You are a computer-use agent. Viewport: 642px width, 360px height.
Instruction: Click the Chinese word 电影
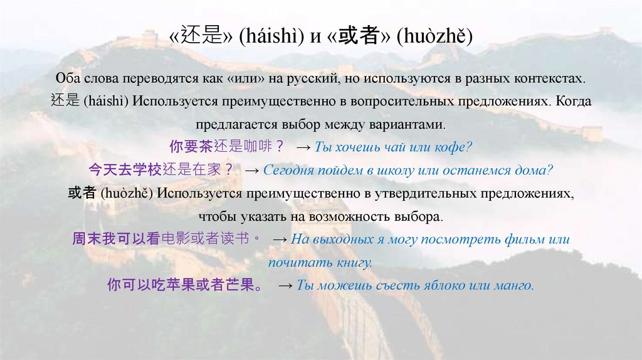[174, 239]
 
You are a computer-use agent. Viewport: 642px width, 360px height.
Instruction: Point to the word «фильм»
[520, 240]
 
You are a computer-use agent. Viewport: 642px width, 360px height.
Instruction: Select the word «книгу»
[354, 263]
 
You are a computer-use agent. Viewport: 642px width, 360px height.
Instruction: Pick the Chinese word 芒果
[240, 285]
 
